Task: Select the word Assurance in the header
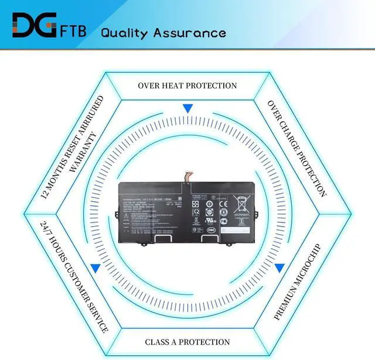click(x=193, y=32)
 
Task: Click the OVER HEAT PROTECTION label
click(x=187, y=85)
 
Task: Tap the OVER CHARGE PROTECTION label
click(x=296, y=148)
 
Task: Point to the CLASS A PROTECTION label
click(x=187, y=341)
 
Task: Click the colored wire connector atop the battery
click(x=191, y=175)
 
